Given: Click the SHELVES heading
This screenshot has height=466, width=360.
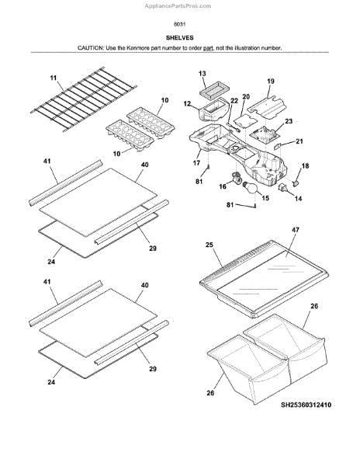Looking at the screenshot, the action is point(179,38).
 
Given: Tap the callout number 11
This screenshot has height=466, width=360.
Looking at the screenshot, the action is point(53,78).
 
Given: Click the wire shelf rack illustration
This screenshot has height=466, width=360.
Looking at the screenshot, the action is point(84,99).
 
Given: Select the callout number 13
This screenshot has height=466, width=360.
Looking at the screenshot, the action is point(202,74).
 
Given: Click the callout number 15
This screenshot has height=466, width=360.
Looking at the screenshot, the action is point(265,198).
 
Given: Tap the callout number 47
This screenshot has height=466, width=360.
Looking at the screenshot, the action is point(296,230).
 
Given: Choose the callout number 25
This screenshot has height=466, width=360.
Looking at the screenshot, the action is point(209,245).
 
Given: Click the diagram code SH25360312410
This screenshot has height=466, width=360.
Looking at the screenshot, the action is point(306,405).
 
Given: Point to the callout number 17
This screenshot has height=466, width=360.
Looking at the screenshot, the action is point(196,163).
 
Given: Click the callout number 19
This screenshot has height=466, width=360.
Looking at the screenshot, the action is point(271,81).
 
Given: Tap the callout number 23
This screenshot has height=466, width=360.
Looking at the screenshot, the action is point(289,121).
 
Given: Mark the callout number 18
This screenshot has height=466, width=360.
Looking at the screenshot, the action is point(305,166).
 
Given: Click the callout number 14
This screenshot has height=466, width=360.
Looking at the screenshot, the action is point(298,198).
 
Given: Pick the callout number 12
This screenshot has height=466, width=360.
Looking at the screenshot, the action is point(187,104).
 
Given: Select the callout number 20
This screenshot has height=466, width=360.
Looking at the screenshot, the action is point(246,96).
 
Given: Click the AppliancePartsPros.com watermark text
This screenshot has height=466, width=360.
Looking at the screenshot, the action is point(178,6).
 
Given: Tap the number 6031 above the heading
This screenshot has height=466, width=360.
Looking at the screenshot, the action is point(179,24).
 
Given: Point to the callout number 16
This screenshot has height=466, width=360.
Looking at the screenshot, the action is point(223,186).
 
